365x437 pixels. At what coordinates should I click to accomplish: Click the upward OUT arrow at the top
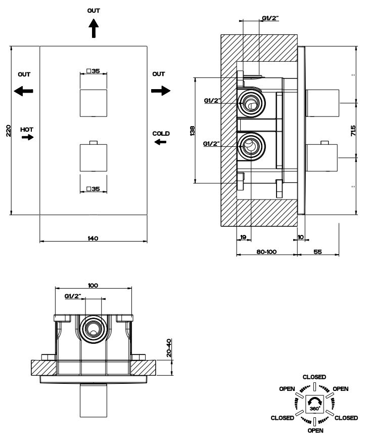[94, 28]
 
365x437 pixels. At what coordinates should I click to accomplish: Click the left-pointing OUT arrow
[24, 91]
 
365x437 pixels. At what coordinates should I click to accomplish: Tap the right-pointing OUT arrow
[161, 91]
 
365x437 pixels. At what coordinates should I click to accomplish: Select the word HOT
[27, 130]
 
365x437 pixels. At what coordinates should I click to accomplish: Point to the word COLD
[161, 134]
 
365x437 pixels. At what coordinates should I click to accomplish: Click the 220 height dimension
[9, 131]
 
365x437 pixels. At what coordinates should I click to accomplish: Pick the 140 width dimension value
[93, 239]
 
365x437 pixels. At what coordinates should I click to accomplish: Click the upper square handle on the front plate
[94, 103]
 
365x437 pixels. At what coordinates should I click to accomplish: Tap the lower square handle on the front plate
[94, 157]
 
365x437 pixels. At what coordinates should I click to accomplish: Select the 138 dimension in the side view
[193, 131]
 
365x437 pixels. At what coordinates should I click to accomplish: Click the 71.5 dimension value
[353, 131]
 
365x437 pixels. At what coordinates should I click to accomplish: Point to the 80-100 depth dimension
[266, 252]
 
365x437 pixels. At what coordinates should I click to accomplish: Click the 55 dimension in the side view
[317, 252]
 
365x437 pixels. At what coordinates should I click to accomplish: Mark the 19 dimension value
[243, 237]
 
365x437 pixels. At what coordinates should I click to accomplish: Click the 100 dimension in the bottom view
[93, 286]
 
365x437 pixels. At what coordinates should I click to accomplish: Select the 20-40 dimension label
[169, 348]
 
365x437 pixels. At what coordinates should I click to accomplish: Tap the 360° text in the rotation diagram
[314, 409]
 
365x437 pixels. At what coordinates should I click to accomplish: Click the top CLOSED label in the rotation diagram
[314, 377]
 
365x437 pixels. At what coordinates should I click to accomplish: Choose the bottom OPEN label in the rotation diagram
[316, 430]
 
